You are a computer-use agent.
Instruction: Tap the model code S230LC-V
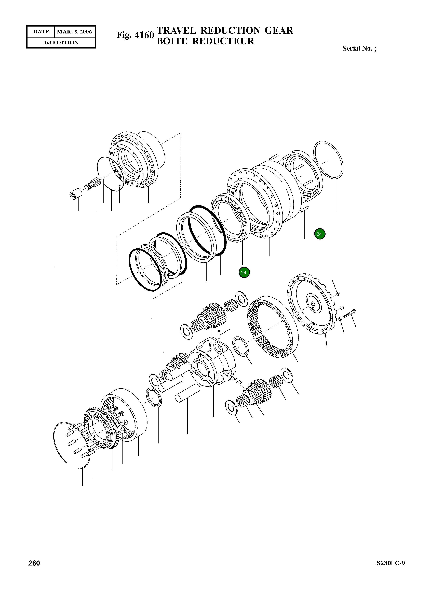tap(390, 563)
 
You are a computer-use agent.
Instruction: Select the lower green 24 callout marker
tap(244, 272)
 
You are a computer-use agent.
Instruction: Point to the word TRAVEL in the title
tap(176, 31)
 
